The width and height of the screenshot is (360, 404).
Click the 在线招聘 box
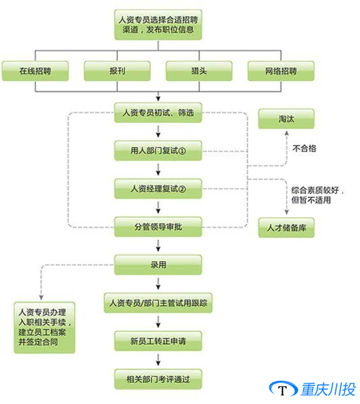click(35, 71)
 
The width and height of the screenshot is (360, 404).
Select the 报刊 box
click(117, 71)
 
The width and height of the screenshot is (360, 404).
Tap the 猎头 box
click(199, 71)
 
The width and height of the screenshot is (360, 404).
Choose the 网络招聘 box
click(281, 71)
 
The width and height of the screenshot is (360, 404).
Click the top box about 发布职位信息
click(158, 25)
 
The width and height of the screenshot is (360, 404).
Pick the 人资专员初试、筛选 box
click(158, 113)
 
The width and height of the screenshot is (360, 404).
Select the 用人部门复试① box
click(158, 151)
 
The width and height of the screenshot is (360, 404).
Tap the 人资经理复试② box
click(158, 189)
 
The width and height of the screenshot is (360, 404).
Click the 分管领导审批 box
click(158, 227)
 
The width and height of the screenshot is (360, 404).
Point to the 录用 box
click(158, 265)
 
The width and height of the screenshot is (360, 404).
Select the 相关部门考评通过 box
click(158, 379)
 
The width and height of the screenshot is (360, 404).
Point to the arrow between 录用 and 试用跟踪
click(158, 284)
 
